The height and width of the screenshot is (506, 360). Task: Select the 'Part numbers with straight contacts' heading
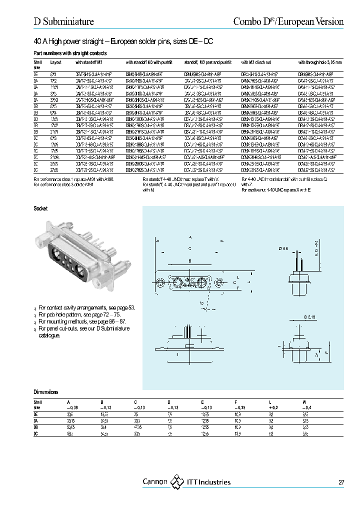(70, 53)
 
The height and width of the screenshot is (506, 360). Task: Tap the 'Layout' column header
(56, 62)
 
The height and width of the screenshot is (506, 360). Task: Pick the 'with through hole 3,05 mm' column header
(320, 62)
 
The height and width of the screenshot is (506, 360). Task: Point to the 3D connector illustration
(75, 255)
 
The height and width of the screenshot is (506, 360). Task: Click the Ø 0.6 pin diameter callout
(284, 248)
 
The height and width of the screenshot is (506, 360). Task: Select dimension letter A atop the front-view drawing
(190, 237)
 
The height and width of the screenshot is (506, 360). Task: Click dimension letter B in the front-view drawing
(190, 261)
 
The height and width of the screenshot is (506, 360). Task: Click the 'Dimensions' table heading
(46, 392)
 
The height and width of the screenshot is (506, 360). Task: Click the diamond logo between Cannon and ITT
(177, 482)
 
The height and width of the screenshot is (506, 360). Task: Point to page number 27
(341, 482)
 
